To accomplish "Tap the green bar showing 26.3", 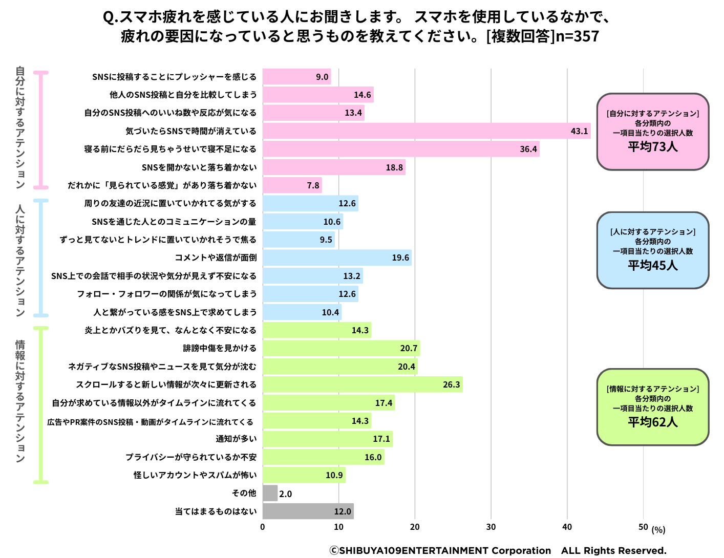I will tap(362, 384).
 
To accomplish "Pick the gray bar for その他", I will tap(270, 493).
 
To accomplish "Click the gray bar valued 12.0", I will tap(308, 511).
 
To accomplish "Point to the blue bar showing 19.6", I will tap(336, 257).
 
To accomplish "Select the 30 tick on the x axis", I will tap(491, 527).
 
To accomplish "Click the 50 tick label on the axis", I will tap(643, 527).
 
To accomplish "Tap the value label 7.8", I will tap(313, 185).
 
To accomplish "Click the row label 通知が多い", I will tap(236, 439).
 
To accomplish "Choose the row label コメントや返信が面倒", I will tap(216, 257).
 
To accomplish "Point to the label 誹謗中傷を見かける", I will tap(220, 348).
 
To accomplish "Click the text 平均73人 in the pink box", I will tap(653, 147).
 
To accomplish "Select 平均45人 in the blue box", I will tap(653, 265).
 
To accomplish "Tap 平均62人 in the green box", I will tap(653, 422).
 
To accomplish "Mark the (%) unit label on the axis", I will tap(658, 530).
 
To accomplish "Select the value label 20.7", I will tap(409, 348).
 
